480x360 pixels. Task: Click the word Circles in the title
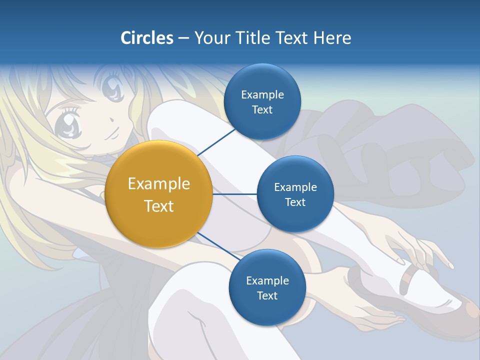click(x=146, y=38)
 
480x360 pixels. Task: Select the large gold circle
click(x=159, y=194)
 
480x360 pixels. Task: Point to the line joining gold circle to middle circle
click(x=234, y=194)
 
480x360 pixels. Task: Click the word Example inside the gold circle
click(x=159, y=184)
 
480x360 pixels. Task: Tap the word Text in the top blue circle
click(x=262, y=110)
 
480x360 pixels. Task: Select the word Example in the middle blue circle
click(x=295, y=187)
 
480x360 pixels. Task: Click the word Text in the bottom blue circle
click(x=267, y=295)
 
